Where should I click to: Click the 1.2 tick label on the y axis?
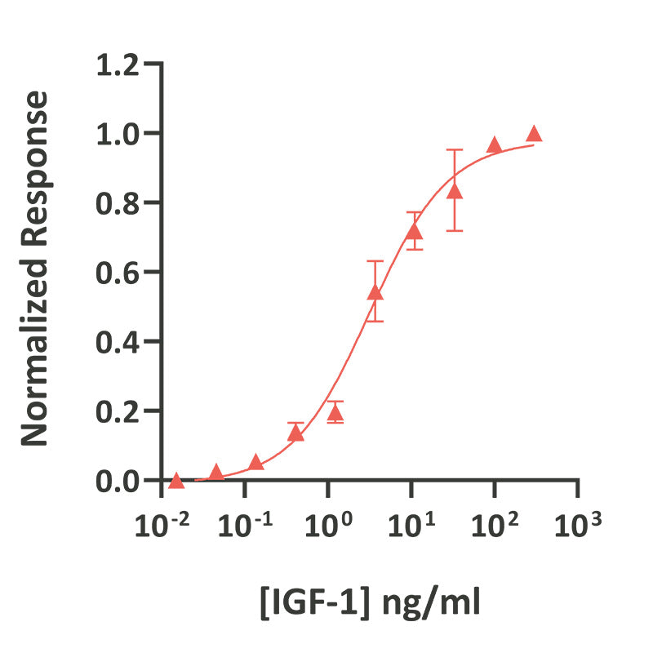tap(121, 64)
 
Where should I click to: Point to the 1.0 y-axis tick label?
tap(121, 133)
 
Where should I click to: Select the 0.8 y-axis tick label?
tap(121, 202)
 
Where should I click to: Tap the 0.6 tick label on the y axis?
tap(121, 272)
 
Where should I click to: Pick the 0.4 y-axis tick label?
tap(121, 341)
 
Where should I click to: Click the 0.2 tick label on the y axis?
tap(121, 411)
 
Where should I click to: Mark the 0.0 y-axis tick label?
tap(121, 480)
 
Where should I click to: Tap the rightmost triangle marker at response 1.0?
tap(534, 134)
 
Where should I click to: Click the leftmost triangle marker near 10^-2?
tap(176, 481)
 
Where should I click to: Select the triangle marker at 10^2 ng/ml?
tap(494, 145)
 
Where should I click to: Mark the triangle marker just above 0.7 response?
tap(415, 232)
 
